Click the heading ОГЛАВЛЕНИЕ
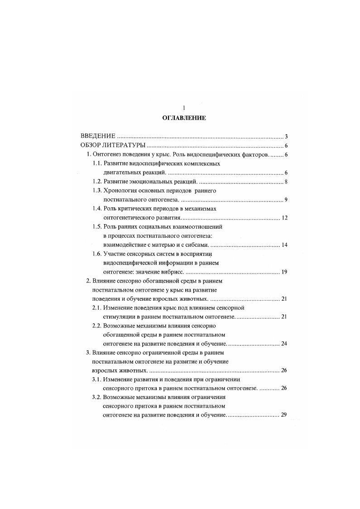point(184,118)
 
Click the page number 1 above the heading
point(184,108)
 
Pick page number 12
point(285,218)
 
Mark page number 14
point(285,245)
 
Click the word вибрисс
point(173,272)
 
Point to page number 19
point(285,272)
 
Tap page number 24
point(285,344)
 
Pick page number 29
point(285,415)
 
